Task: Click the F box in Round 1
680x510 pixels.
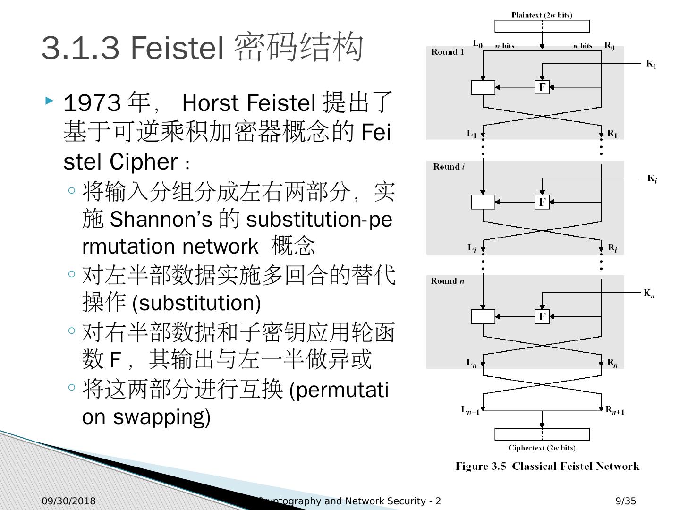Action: coord(542,87)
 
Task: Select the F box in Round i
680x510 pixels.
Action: coord(542,202)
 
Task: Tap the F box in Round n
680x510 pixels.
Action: coord(542,316)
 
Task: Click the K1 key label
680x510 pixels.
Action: coord(651,64)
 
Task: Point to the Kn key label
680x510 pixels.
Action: coord(649,293)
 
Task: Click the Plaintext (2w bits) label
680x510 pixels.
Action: coord(542,15)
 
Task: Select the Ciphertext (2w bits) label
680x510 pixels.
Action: coord(542,448)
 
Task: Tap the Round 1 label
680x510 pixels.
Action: coord(447,52)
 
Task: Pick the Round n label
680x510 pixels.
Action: coord(447,281)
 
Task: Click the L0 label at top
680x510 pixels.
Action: coord(477,45)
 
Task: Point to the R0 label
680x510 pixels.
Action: coord(610,46)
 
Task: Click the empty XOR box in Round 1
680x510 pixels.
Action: coord(483,88)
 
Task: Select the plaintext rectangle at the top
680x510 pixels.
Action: coord(542,26)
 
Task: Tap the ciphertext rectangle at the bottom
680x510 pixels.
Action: coord(542,434)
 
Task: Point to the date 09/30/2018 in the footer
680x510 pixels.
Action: coord(68,501)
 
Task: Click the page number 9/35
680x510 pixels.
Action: coord(626,501)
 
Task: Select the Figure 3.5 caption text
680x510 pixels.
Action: coord(547,467)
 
